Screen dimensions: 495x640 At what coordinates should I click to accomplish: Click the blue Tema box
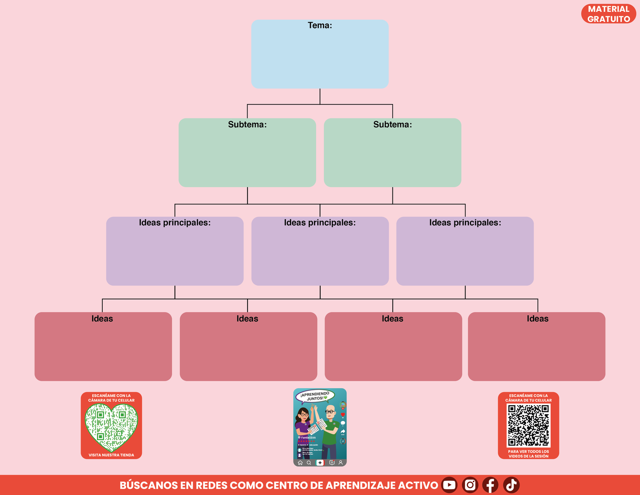320,58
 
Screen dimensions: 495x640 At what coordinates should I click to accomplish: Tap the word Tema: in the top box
320,26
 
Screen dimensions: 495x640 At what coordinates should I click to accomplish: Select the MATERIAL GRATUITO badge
609,14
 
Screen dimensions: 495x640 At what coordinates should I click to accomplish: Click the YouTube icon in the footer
450,485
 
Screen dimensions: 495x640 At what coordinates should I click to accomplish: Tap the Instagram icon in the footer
470,485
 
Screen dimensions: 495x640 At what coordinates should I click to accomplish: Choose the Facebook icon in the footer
490,485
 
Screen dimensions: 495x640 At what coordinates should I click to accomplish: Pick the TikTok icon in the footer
511,485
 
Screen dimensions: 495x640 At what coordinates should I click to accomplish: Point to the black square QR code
528,425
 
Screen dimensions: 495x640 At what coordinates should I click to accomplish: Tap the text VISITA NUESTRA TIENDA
111,455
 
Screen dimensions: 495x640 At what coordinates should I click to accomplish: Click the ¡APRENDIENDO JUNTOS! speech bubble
314,396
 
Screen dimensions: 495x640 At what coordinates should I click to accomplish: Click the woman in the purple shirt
303,425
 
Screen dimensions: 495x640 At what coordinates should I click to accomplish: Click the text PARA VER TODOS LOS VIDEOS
528,454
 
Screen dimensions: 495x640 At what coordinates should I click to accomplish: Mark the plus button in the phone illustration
320,463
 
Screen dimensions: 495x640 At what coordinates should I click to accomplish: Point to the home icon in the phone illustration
300,463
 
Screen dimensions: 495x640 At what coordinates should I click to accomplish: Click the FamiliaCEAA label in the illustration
308,437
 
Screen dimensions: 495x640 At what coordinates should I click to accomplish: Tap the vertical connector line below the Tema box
320,96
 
